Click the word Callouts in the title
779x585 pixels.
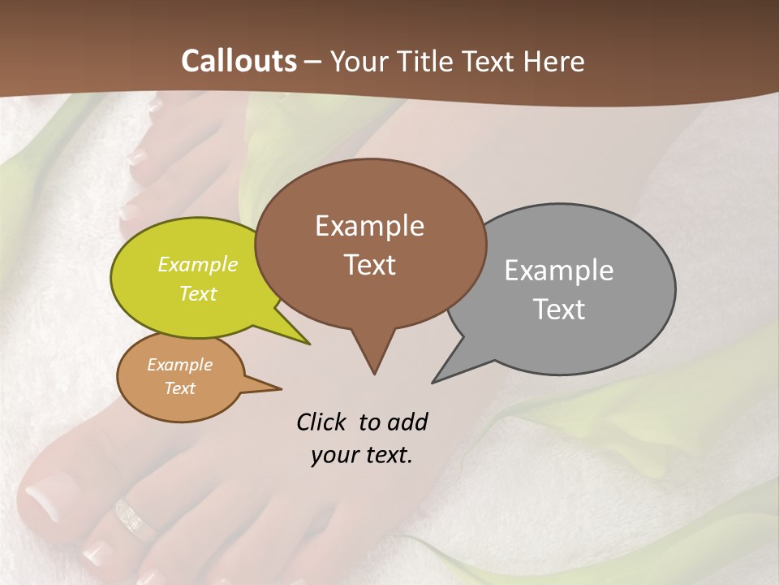pos(239,61)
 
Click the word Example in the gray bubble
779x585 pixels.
pos(558,271)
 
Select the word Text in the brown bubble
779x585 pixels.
pos(370,265)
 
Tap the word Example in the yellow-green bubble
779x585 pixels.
pos(198,264)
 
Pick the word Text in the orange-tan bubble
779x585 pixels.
pos(179,388)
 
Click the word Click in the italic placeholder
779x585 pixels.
pos(323,422)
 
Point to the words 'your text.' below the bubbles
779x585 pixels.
pos(362,455)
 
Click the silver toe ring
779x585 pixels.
pos(133,518)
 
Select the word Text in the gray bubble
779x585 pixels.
pos(559,310)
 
